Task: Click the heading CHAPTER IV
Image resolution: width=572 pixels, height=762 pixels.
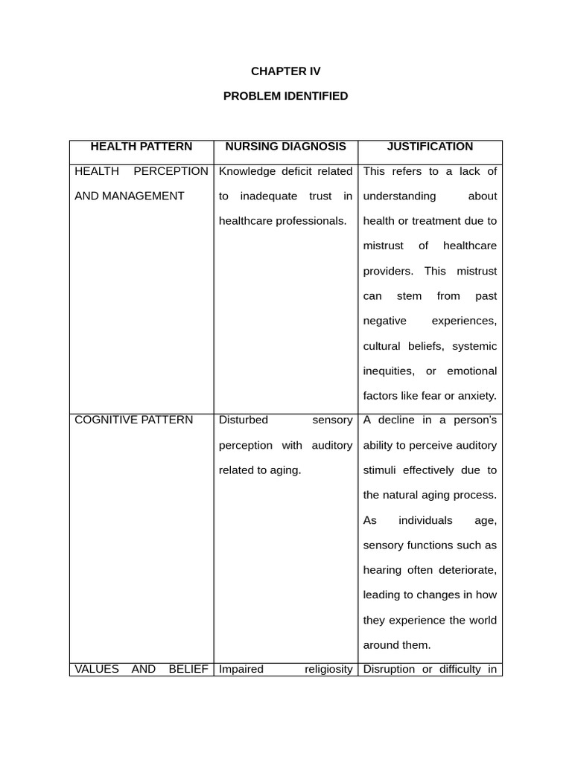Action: click(x=285, y=71)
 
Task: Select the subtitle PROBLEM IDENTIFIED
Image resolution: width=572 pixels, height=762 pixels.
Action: click(x=285, y=96)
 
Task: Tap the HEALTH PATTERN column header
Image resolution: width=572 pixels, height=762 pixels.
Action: click(x=141, y=147)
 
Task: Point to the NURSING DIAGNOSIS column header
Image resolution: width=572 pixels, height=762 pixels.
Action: click(x=285, y=147)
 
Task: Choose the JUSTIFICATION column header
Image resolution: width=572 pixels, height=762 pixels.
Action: click(x=430, y=147)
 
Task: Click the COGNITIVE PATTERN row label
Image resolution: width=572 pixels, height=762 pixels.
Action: click(x=134, y=420)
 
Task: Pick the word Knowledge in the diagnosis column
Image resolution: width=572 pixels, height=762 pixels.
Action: click(x=247, y=171)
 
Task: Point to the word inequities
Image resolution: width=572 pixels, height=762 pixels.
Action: click(x=388, y=371)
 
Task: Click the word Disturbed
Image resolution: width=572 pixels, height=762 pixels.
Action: click(x=244, y=420)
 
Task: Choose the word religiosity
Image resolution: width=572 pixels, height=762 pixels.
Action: click(x=328, y=669)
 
